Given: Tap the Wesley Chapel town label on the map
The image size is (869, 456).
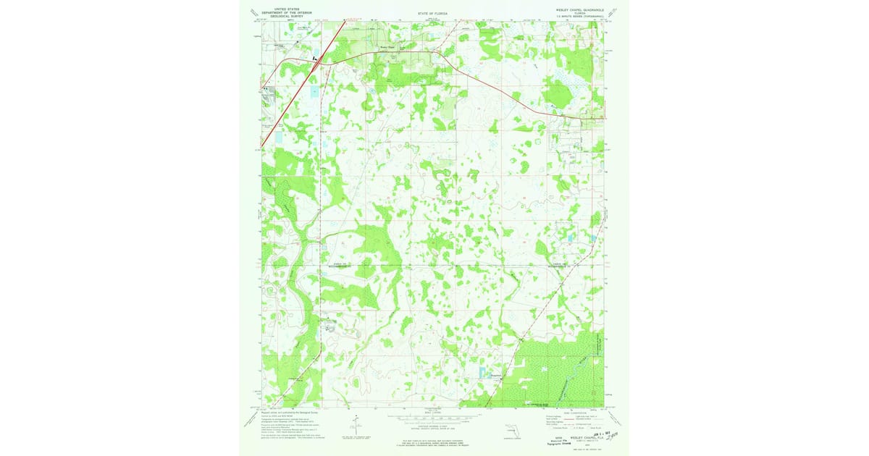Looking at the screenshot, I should [x=387, y=48].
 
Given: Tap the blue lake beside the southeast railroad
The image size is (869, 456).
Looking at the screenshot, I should [x=482, y=372].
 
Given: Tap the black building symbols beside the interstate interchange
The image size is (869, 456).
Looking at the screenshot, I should [x=314, y=58].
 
